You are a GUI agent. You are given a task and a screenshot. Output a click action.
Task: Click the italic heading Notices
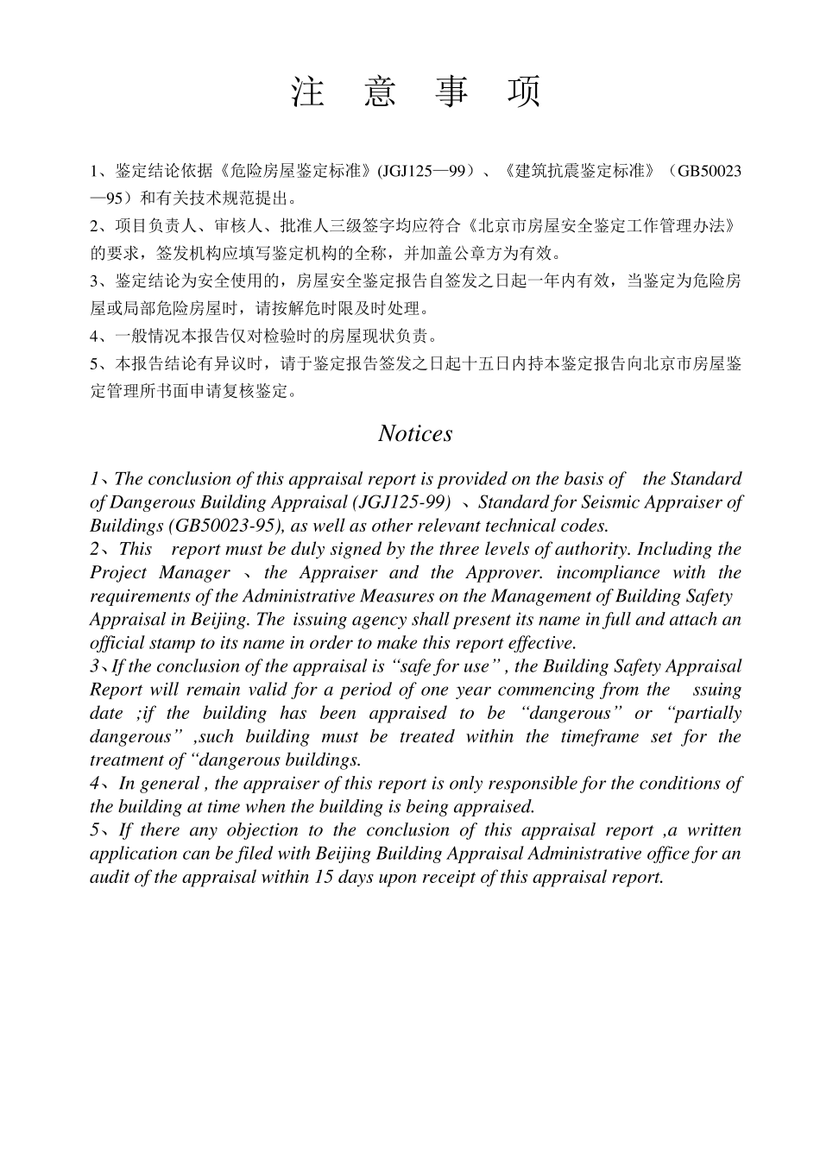pos(415,433)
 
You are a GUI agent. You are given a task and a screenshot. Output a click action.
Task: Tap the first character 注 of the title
pos(307,91)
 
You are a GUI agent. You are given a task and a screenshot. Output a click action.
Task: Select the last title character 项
pos(524,91)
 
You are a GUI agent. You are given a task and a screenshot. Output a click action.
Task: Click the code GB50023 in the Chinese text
pos(709,171)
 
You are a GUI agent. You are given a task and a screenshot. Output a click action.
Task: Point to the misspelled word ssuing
pos(717,690)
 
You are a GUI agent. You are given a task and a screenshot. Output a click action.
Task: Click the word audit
pos(112,877)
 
